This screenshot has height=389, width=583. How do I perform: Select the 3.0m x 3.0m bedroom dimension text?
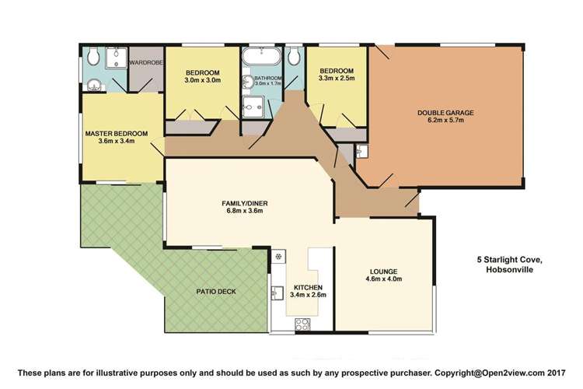click(x=202, y=80)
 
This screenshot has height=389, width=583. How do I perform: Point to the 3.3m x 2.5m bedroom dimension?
click(x=337, y=78)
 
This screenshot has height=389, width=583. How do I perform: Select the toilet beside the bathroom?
click(x=295, y=58)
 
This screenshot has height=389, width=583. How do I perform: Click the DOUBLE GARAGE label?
click(x=445, y=112)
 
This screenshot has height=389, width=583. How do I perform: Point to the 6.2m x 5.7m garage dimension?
click(x=445, y=121)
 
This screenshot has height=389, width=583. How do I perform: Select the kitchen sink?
click(x=275, y=293)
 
